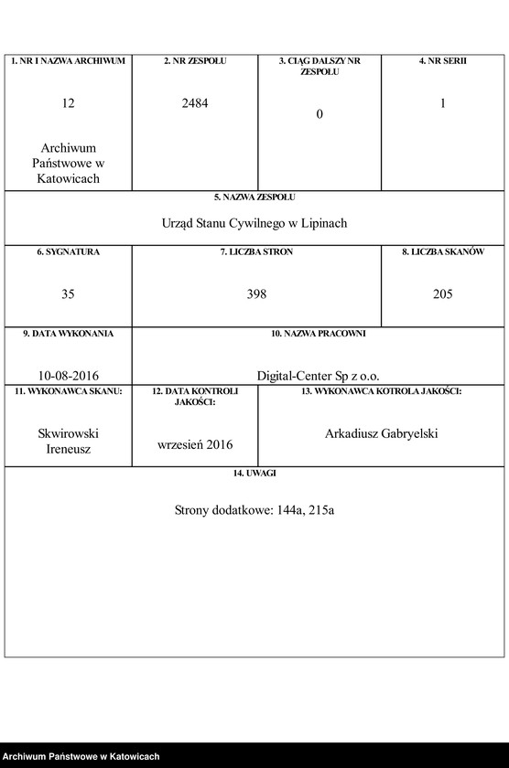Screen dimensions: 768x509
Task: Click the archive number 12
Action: pyautogui.click(x=68, y=104)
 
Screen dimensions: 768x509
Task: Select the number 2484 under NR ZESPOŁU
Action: pyautogui.click(x=195, y=104)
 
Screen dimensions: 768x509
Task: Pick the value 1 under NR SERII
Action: pyautogui.click(x=443, y=104)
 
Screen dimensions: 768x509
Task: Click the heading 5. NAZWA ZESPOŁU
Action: pyautogui.click(x=254, y=197)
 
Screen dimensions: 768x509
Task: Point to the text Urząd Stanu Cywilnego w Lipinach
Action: pyautogui.click(x=254, y=223)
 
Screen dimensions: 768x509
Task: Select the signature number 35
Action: pyautogui.click(x=68, y=294)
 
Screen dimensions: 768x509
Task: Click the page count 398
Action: pyautogui.click(x=256, y=294)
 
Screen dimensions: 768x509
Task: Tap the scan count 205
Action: pyautogui.click(x=443, y=294)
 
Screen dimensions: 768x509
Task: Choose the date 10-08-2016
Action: pyautogui.click(x=68, y=375)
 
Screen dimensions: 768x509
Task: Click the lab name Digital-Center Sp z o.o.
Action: pyautogui.click(x=318, y=375)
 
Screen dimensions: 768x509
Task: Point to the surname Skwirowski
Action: pyautogui.click(x=68, y=433)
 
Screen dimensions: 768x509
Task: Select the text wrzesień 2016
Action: pyautogui.click(x=195, y=444)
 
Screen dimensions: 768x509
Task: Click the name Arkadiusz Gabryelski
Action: pyautogui.click(x=381, y=433)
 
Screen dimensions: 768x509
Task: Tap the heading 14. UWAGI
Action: pyautogui.click(x=254, y=474)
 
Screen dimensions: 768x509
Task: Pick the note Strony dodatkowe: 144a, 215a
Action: pyautogui.click(x=254, y=510)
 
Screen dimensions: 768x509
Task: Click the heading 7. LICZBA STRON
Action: pyautogui.click(x=256, y=251)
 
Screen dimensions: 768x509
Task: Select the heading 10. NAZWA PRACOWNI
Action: pyautogui.click(x=318, y=334)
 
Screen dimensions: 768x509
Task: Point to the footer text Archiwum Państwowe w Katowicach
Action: pyautogui.click(x=81, y=756)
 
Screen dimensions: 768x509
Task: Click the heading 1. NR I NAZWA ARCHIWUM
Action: pyautogui.click(x=68, y=61)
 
